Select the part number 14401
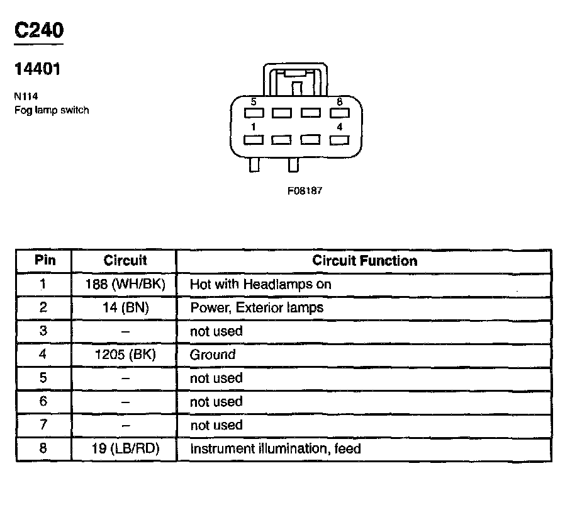[37, 69]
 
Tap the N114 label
[25, 97]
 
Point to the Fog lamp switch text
[51, 110]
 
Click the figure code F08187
[305, 191]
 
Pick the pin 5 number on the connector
[253, 101]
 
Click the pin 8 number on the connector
[339, 101]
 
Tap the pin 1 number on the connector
[253, 127]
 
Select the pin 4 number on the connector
[339, 127]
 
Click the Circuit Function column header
[364, 260]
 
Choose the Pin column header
[43, 260]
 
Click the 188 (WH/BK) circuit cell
[125, 284]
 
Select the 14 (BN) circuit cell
[125, 307]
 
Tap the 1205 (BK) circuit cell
[125, 355]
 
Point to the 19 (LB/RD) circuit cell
[125, 449]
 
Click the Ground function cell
[213, 355]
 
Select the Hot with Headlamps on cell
[260, 284]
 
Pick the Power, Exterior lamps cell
[257, 307]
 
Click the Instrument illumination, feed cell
[275, 449]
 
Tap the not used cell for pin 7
[216, 425]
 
